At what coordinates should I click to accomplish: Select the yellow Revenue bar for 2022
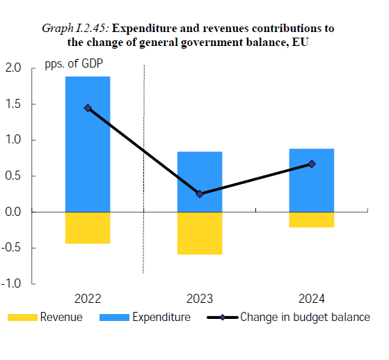[x=88, y=227]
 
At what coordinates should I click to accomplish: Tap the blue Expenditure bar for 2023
[x=200, y=181]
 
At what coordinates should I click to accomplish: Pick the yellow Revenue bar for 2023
[x=200, y=233]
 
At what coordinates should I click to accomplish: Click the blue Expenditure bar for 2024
[x=311, y=180]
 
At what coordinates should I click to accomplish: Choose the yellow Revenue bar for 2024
[x=311, y=219]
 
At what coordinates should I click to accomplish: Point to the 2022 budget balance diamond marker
[x=88, y=108]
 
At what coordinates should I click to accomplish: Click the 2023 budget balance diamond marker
[x=200, y=194]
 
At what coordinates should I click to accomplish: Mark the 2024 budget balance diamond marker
[x=311, y=164]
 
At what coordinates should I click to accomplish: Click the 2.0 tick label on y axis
[x=13, y=68]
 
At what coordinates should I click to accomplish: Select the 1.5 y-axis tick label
[x=13, y=104]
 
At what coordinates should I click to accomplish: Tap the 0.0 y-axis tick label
[x=13, y=212]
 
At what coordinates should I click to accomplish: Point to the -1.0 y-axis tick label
[x=12, y=283]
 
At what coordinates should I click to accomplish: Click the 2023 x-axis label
[x=200, y=299]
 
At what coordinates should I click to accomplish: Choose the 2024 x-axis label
[x=311, y=299]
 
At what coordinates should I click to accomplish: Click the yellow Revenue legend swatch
[x=22, y=318]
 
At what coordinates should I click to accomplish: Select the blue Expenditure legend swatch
[x=115, y=318]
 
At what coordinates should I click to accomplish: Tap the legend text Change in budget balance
[x=305, y=318]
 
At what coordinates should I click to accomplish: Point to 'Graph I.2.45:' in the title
[x=77, y=29]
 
